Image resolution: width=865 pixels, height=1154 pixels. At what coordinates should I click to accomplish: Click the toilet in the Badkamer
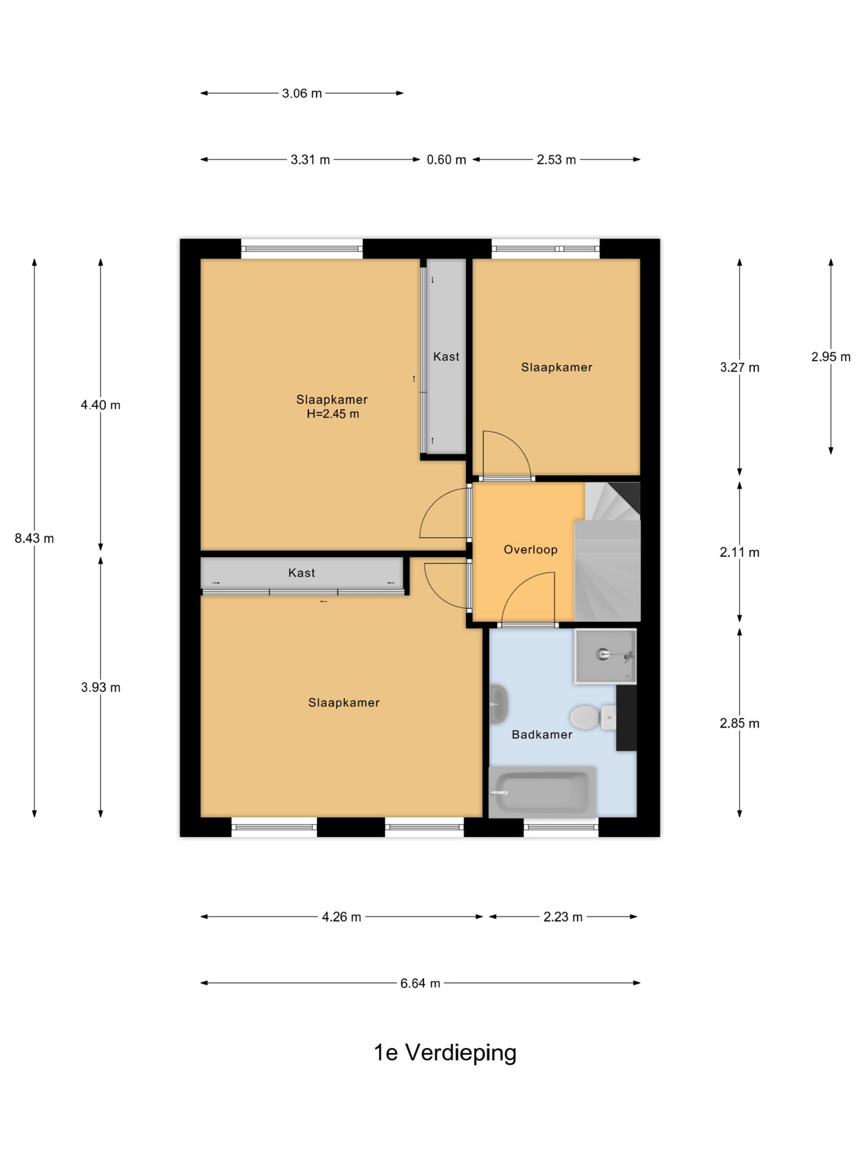593,717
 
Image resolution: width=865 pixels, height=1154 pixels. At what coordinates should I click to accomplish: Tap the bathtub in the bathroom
542,792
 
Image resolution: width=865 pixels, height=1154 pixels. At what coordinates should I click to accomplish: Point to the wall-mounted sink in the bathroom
498,704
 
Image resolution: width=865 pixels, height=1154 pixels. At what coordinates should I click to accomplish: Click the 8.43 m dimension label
34,538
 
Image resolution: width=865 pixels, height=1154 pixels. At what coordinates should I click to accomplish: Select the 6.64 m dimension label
420,984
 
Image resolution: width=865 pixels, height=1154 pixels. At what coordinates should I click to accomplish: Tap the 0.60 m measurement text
446,160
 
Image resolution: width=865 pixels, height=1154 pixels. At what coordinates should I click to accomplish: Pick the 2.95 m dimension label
831,357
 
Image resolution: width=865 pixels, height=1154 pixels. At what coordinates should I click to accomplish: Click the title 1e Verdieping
445,1053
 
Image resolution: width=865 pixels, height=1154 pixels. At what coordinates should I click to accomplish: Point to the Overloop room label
531,550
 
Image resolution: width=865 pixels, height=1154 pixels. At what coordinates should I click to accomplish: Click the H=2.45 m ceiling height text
332,414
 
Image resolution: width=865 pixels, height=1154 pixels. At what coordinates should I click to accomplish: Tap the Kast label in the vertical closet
446,357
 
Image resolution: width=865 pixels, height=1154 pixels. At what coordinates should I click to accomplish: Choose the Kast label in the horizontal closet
301,573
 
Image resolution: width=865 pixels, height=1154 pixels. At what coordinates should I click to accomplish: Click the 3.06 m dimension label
302,93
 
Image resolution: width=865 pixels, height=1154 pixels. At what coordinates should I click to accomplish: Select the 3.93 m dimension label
100,687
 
